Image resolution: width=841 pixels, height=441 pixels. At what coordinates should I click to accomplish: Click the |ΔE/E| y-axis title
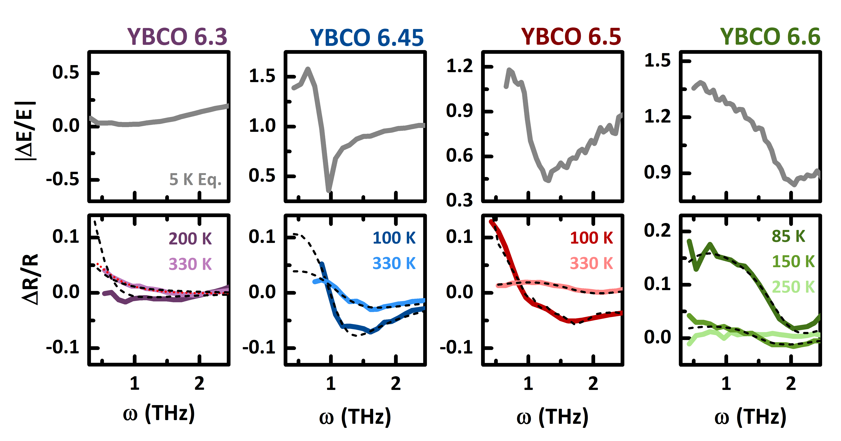click(25, 130)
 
